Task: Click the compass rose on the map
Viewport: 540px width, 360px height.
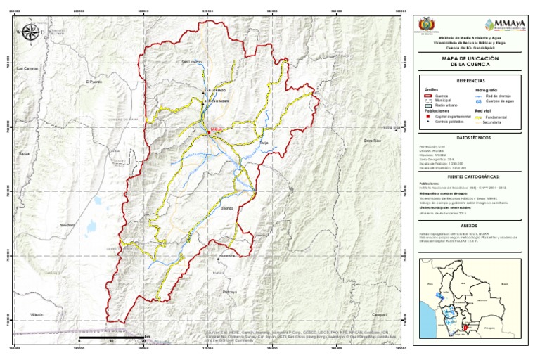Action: click(30, 32)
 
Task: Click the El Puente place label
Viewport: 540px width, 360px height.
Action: click(94, 82)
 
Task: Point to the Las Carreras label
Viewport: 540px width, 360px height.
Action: click(27, 68)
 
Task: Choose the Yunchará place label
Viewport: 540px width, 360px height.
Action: click(67, 225)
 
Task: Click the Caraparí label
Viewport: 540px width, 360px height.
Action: click(379, 314)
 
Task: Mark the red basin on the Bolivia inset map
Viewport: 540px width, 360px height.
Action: click(465, 326)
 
